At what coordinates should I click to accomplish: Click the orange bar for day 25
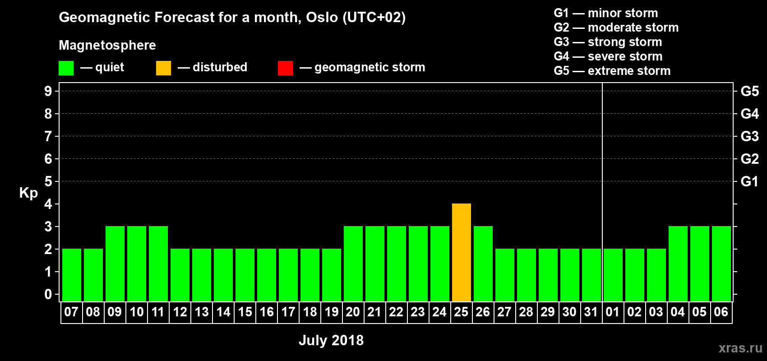click(x=461, y=252)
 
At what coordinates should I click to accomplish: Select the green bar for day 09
click(x=115, y=264)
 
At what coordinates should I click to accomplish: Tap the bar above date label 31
click(x=591, y=275)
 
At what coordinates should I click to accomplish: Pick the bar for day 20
click(x=353, y=264)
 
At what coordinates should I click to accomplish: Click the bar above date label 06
click(x=721, y=264)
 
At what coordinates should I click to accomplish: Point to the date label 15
click(x=245, y=312)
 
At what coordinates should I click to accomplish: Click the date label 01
click(x=612, y=312)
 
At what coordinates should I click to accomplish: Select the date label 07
click(x=71, y=312)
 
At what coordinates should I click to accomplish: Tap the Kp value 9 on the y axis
click(x=48, y=91)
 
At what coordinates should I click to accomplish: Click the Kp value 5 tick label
click(x=48, y=181)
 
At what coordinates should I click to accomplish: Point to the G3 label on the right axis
click(x=749, y=136)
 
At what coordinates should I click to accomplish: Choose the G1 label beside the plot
click(x=749, y=181)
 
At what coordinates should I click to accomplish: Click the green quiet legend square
click(x=66, y=68)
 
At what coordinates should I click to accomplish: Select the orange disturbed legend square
click(x=163, y=68)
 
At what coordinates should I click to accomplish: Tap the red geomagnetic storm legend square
click(x=285, y=68)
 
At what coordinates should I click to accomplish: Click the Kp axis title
click(x=28, y=193)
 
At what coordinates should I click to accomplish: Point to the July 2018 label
click(x=331, y=340)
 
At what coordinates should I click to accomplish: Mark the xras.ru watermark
click(x=740, y=348)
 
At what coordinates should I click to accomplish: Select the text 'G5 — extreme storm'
click(x=612, y=71)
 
